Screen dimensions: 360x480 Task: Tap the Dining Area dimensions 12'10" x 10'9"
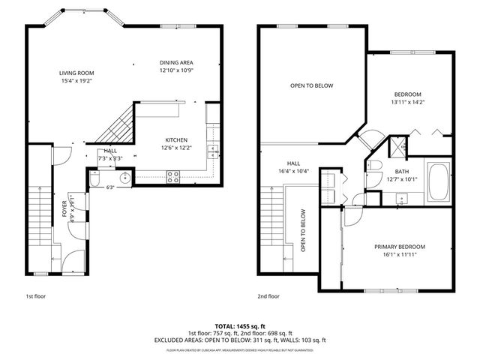pos(178,70)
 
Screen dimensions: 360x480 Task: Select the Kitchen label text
pos(176,139)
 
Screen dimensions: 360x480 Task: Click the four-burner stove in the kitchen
pos(172,176)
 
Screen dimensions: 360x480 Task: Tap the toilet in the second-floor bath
pos(376,166)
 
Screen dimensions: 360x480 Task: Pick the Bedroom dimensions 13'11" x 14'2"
pos(409,103)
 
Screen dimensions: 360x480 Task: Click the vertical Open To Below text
pos(304,231)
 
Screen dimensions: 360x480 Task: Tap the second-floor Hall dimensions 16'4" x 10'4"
pos(293,172)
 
